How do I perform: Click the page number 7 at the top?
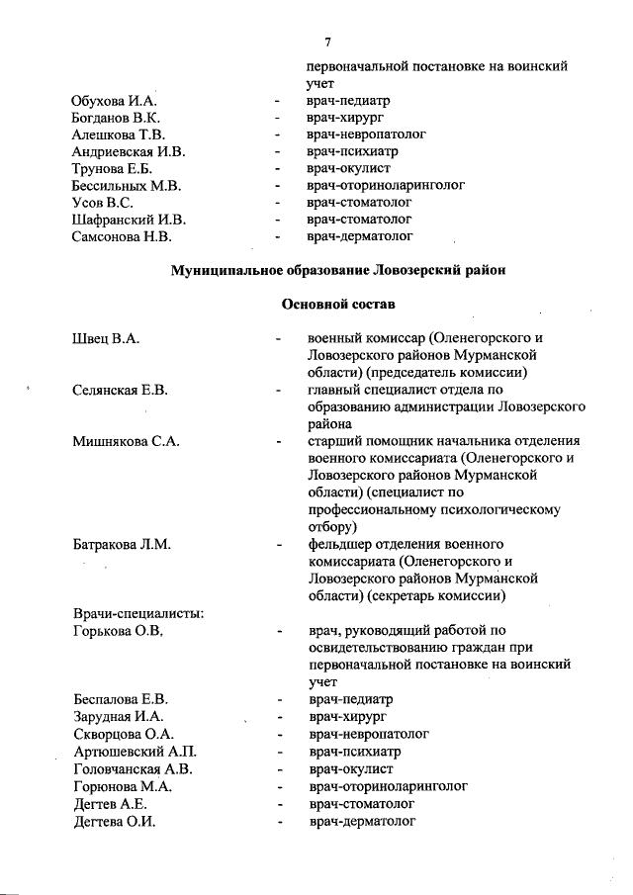point(327,42)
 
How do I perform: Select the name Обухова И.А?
point(115,101)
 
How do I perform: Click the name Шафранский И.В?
point(129,220)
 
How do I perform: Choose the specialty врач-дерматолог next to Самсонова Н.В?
point(359,236)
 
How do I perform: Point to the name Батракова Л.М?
point(122,544)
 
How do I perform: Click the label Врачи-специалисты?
point(138,613)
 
